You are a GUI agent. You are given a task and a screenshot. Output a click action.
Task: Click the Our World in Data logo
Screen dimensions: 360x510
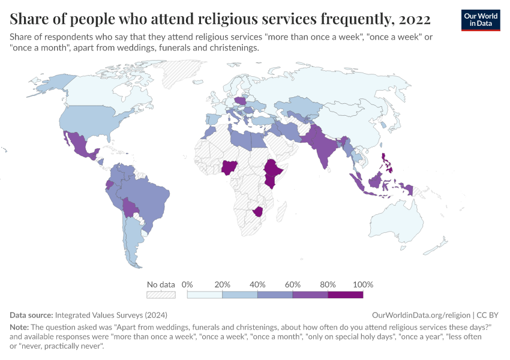point(481,20)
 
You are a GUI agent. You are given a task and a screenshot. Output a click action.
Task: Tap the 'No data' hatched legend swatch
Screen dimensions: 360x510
point(161,295)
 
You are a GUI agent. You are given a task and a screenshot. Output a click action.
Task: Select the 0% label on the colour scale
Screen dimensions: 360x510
point(187,284)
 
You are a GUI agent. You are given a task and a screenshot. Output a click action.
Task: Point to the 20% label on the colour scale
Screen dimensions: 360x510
point(223,284)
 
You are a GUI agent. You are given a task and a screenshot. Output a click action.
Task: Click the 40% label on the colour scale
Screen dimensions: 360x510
point(257,284)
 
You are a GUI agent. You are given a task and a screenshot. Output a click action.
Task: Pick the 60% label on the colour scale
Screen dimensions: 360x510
point(293,284)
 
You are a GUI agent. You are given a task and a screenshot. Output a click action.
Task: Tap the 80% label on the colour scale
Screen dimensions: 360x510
point(328,284)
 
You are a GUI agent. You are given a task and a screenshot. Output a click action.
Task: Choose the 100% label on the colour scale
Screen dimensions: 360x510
point(363,284)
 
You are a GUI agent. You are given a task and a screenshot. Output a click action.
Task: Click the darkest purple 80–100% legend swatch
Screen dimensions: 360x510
point(346,295)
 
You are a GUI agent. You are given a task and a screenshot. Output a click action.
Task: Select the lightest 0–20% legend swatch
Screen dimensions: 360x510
point(205,295)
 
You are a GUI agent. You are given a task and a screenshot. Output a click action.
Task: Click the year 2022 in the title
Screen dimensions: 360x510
point(415,19)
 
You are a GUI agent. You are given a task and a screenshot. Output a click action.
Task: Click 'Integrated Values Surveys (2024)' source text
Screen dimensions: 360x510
point(111,314)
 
